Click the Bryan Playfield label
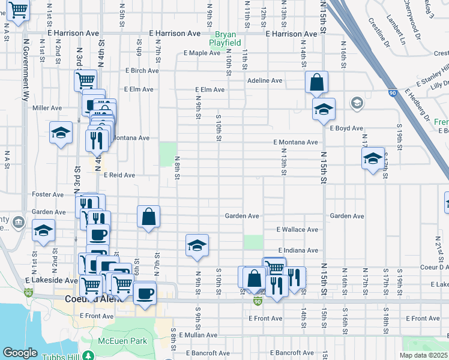point(225,39)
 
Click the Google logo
point(20,353)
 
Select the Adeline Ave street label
point(265,80)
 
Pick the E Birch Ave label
point(142,71)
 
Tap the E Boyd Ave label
point(346,128)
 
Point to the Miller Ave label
point(47,108)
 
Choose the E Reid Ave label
point(119,175)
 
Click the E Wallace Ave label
point(297,230)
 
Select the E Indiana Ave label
point(298,250)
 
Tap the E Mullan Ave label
point(194,335)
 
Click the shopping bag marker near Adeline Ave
point(316,82)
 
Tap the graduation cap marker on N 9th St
point(197,245)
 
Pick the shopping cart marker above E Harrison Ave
point(18,10)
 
